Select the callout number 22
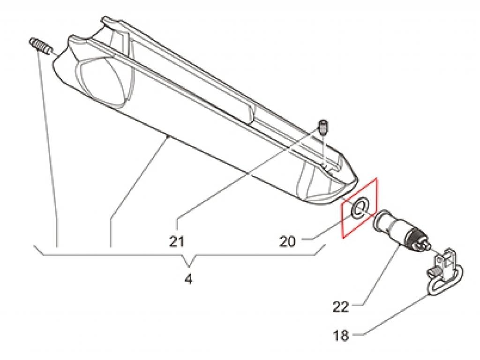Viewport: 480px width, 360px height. tap(341, 307)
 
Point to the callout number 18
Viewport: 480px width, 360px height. tap(341, 336)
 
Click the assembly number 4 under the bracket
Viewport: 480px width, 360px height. tap(189, 279)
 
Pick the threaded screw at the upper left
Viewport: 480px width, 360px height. tap(40, 46)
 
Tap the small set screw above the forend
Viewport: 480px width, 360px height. tap(322, 127)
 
